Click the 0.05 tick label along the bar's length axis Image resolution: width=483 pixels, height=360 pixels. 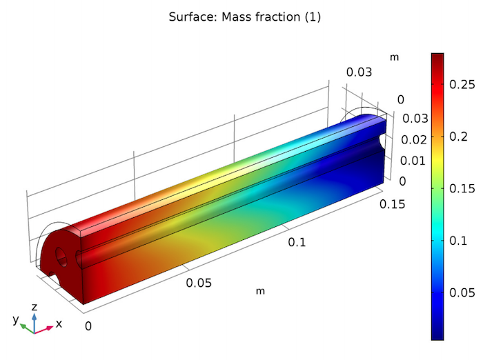[x=199, y=283]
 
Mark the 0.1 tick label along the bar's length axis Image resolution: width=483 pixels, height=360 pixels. [x=297, y=242]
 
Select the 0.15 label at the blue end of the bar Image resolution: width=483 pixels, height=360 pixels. [x=393, y=204]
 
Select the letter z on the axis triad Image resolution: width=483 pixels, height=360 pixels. [x=34, y=307]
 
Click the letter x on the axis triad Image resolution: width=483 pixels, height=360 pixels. [x=59, y=323]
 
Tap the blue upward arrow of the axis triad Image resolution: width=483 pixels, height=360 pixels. [x=34, y=318]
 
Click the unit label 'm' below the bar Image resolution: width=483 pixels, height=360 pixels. [x=260, y=291]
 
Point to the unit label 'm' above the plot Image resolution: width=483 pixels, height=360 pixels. [x=394, y=57]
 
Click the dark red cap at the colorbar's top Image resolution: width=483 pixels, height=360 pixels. [x=437, y=57]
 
